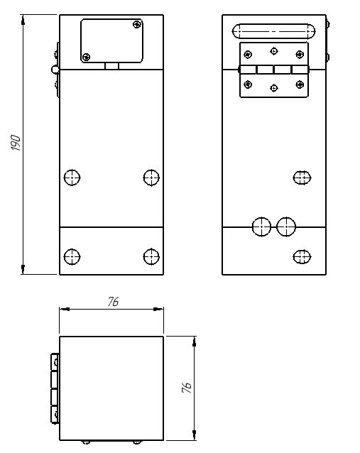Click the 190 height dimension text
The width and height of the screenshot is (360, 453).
click(x=16, y=143)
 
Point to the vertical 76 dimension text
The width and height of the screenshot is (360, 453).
click(x=187, y=388)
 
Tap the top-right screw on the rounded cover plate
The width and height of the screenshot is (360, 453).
click(x=137, y=24)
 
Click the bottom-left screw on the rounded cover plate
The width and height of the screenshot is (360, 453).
click(x=86, y=57)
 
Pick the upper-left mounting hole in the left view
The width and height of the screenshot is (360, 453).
click(x=72, y=178)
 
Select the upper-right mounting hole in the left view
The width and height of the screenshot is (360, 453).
click(x=151, y=178)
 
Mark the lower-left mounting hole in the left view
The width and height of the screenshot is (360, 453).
click(x=72, y=256)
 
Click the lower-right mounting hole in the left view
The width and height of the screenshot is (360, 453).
click(x=151, y=256)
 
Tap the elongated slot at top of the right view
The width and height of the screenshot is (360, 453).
click(x=273, y=31)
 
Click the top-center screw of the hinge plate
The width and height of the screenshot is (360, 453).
click(x=274, y=51)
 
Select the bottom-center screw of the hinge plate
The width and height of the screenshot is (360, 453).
click(x=274, y=88)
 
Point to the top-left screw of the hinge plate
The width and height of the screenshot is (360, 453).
click(x=248, y=54)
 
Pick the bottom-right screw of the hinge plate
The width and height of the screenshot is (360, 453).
click(x=300, y=84)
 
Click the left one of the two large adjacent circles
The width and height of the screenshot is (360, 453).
click(x=261, y=226)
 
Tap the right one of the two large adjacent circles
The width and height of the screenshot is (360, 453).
click(x=286, y=226)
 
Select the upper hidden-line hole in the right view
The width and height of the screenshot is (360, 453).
click(x=302, y=178)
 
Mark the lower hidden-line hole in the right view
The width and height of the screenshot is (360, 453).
click(x=302, y=256)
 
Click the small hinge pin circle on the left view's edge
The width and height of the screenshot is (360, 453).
click(x=55, y=70)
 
